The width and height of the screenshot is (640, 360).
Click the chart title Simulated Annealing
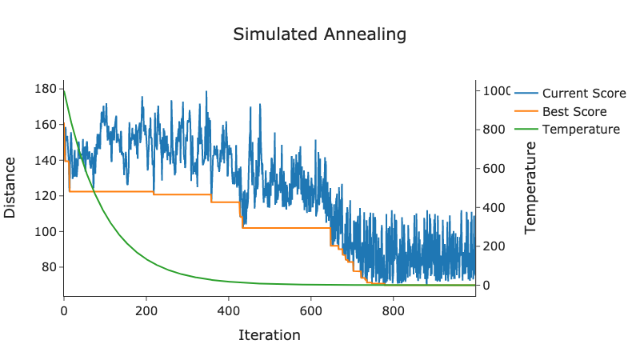coord(319,34)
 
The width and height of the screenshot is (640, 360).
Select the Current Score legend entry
coord(584,94)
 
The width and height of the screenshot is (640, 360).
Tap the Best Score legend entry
coord(574,112)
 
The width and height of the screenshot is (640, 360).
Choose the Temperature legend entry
coord(581,130)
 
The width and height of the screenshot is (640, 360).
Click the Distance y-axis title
coord(10,188)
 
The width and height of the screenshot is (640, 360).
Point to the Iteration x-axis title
coord(270,335)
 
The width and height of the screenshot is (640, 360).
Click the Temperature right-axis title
coord(530,188)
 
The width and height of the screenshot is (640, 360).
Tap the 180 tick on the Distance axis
coord(45,89)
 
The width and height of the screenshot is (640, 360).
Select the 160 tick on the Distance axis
coord(45,125)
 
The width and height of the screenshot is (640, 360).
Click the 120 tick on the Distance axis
coord(45,196)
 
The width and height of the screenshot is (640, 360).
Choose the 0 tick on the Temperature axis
coord(486,286)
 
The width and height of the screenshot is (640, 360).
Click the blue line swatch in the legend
coord(526,94)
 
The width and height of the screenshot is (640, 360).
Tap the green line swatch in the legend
coord(526,130)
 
